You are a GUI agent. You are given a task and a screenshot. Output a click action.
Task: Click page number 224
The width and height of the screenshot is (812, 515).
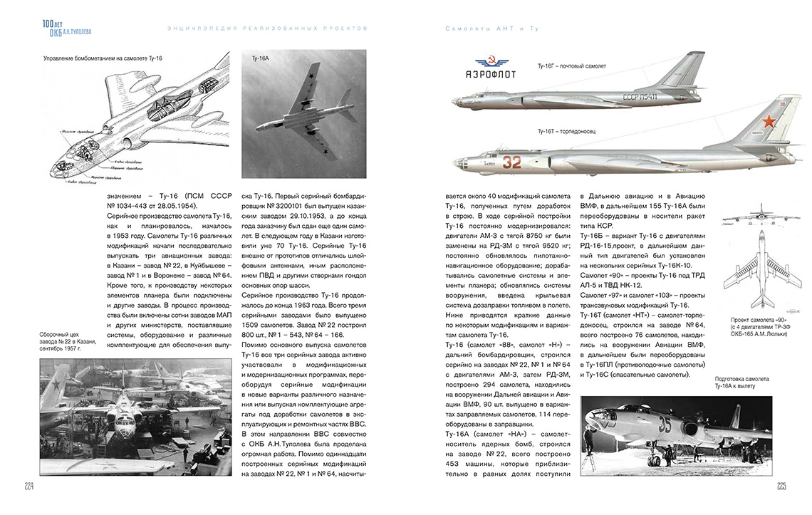(29, 487)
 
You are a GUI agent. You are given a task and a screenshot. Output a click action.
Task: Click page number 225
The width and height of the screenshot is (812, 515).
(781, 487)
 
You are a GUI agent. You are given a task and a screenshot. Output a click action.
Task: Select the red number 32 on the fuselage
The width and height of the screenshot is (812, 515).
(512, 162)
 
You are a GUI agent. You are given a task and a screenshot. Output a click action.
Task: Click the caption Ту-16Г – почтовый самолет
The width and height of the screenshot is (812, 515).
(571, 66)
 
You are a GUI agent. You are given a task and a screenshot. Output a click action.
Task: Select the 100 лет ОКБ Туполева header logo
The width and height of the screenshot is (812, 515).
(66, 26)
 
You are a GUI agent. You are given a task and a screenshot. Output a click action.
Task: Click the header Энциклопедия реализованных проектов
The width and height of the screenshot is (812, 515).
(266, 28)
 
